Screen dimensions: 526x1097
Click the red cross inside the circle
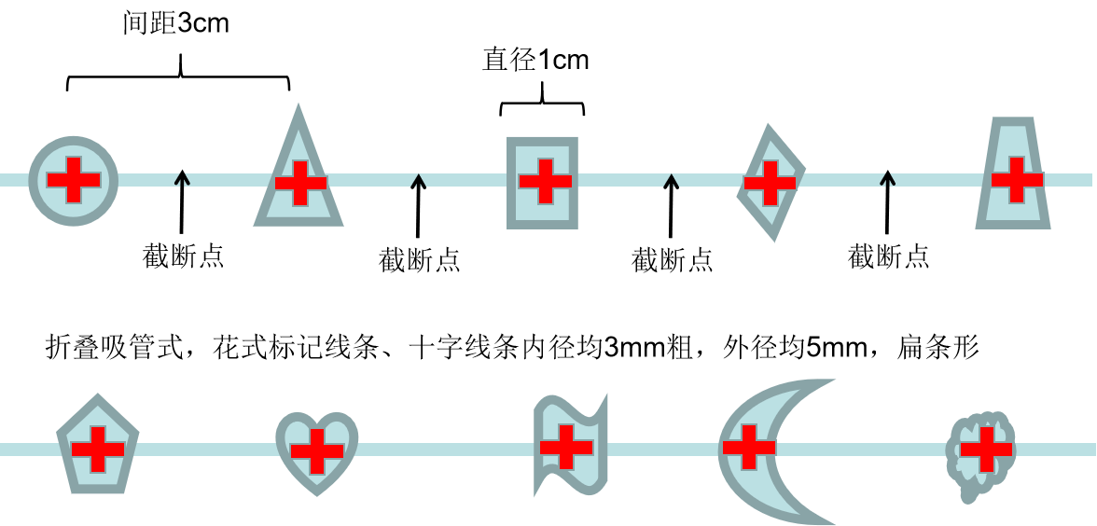(74, 180)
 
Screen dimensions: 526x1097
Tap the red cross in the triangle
(300, 183)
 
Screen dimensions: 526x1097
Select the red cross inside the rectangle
(546, 181)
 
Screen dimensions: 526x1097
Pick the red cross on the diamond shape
(770, 183)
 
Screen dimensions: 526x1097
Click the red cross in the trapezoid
(1017, 180)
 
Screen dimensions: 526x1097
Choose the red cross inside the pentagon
(98, 449)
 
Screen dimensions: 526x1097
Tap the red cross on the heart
(317, 451)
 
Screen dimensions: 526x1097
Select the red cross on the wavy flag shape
(566, 447)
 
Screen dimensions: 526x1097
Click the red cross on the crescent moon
(749, 447)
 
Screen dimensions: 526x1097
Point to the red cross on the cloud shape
(986, 449)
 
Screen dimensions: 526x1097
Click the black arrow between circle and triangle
(182, 180)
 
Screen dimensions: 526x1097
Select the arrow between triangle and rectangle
(418, 181)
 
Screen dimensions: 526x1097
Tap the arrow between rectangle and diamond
(671, 181)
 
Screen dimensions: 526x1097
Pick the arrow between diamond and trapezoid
(887, 180)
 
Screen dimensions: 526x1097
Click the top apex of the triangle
(299, 105)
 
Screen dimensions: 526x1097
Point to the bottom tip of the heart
(317, 494)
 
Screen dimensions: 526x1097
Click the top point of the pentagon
(98, 395)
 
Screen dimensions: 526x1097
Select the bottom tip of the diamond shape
(773, 241)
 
